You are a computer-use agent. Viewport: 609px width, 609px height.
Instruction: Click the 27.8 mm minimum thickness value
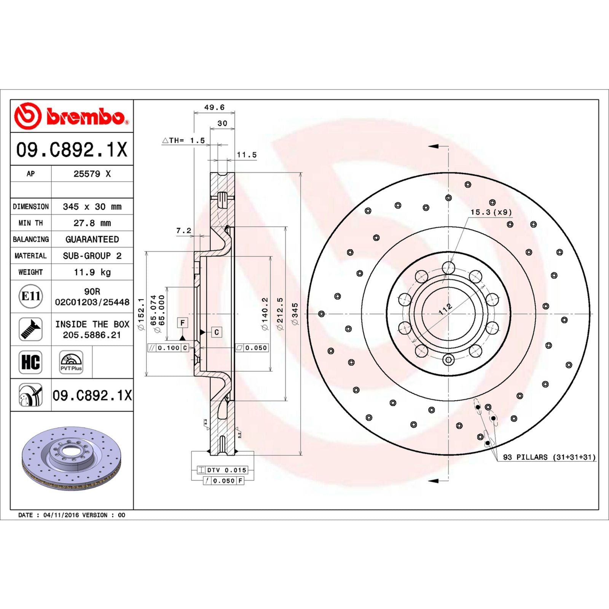(x=92, y=223)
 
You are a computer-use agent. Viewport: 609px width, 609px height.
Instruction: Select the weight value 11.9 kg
(x=92, y=272)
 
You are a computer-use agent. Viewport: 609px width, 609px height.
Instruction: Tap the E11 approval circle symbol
(x=30, y=296)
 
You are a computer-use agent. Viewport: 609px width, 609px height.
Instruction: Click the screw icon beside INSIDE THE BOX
(x=30, y=329)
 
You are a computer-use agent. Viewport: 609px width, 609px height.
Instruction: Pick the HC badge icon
(x=30, y=362)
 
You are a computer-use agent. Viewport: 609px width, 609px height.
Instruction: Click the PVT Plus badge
(x=71, y=362)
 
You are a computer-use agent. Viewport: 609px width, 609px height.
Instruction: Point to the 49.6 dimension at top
(x=214, y=107)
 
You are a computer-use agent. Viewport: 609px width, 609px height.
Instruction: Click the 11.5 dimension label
(x=247, y=155)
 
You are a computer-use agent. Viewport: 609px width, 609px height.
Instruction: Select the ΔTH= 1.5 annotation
(x=184, y=140)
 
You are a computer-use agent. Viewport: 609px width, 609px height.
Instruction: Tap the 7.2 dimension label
(x=183, y=231)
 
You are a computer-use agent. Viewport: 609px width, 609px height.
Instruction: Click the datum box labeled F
(x=183, y=323)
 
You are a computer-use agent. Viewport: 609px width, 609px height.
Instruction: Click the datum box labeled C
(x=216, y=332)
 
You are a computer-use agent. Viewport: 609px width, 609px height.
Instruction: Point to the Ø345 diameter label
(x=295, y=314)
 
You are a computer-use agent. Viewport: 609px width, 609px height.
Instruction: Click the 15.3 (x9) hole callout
(x=491, y=212)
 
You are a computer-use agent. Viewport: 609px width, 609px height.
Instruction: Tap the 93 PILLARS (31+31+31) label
(x=549, y=457)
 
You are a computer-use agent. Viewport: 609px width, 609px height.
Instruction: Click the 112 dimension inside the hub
(x=445, y=309)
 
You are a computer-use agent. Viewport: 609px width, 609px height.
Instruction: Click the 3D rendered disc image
(x=72, y=458)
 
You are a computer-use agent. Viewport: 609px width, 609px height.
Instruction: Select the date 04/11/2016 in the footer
(x=61, y=515)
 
